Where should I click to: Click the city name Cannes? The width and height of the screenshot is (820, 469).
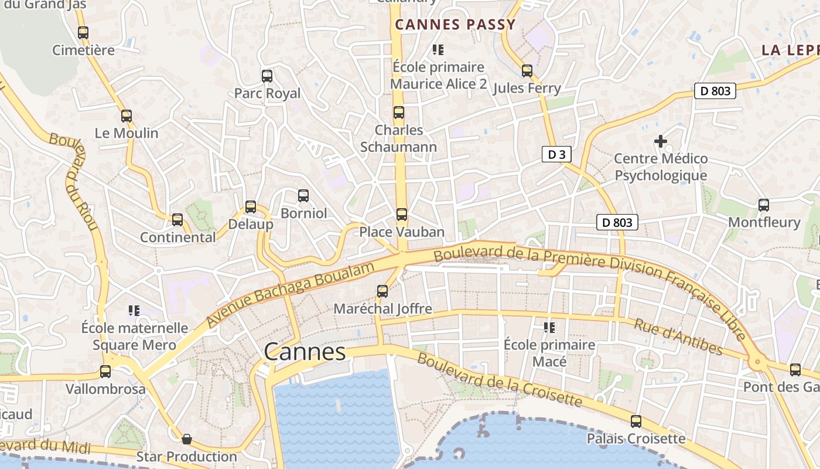(305, 352)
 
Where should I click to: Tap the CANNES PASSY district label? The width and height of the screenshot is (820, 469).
(455, 25)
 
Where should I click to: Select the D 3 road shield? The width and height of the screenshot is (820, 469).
(556, 155)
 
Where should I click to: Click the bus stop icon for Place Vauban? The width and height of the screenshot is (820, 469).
(401, 215)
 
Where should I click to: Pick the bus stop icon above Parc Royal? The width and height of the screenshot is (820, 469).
(267, 76)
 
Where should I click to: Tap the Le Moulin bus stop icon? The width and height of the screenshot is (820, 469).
(127, 116)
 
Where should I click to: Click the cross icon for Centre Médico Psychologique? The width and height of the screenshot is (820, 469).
(661, 141)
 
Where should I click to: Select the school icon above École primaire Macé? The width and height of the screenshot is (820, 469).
(549, 327)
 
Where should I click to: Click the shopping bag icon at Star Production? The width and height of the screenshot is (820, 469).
(187, 439)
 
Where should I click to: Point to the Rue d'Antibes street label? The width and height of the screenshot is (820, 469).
(679, 337)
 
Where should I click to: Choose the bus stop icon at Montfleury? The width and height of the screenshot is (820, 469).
(764, 205)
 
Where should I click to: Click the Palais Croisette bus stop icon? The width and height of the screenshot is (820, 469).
(636, 422)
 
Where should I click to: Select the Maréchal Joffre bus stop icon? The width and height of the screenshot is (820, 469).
(382, 291)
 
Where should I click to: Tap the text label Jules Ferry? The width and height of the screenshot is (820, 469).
(527, 89)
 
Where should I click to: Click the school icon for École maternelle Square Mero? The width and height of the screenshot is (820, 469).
(134, 310)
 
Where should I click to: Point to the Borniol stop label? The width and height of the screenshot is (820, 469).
(303, 213)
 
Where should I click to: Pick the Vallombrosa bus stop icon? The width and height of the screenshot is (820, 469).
(105, 372)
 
